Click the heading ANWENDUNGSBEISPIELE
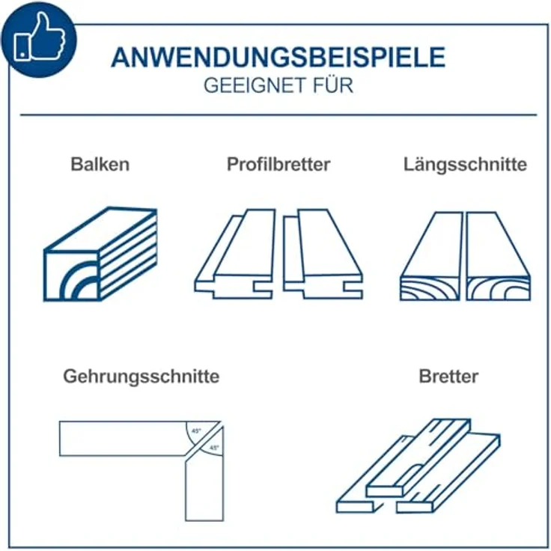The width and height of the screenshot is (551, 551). (x=278, y=57)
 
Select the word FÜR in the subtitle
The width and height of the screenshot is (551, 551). (x=332, y=85)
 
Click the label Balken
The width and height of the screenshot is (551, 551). (x=100, y=164)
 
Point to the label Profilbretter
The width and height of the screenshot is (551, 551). (x=278, y=164)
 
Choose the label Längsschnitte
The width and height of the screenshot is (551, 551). (x=465, y=164)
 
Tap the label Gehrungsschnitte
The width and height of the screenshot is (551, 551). (x=141, y=375)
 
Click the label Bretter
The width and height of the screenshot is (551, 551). (x=448, y=375)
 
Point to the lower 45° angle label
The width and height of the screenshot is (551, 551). (x=215, y=448)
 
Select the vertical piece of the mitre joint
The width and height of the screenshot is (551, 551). (x=204, y=487)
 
